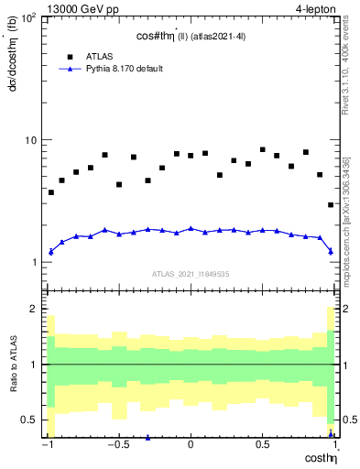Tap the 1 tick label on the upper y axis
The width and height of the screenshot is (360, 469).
point(35,262)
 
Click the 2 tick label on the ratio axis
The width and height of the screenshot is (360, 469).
point(35,310)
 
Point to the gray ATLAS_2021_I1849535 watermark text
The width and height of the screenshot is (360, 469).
point(191,274)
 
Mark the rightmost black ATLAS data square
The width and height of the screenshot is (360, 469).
point(331,205)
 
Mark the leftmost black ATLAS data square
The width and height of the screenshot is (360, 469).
point(51,192)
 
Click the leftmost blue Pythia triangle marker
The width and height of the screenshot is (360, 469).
point(51,251)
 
